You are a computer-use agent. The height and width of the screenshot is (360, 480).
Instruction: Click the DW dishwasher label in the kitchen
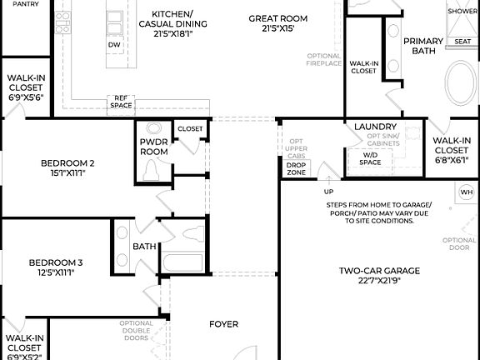tap(115, 44)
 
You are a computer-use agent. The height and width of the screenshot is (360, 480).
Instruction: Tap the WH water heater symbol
tap(467, 192)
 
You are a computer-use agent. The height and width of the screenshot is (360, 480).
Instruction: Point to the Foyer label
tap(223, 324)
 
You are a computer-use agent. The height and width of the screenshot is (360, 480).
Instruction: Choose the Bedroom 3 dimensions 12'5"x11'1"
tap(57, 272)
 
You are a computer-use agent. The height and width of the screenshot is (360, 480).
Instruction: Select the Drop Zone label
tap(296, 168)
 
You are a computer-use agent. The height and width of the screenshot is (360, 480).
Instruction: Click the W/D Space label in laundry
tap(371, 158)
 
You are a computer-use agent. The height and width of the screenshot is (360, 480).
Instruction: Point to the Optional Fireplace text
tap(323, 59)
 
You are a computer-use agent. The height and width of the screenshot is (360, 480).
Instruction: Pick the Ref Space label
tap(122, 102)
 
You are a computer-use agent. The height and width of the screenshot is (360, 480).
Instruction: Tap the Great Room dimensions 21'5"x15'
tap(278, 28)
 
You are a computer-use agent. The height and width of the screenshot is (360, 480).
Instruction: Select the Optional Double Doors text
tap(135, 332)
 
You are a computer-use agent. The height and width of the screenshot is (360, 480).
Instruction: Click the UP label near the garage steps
tap(329, 191)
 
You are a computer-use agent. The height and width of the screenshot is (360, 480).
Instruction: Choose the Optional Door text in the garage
tap(459, 244)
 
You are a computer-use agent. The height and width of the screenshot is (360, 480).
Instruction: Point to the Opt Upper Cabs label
tap(296, 148)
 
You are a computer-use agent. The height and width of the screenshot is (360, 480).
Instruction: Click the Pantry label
tap(25, 4)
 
